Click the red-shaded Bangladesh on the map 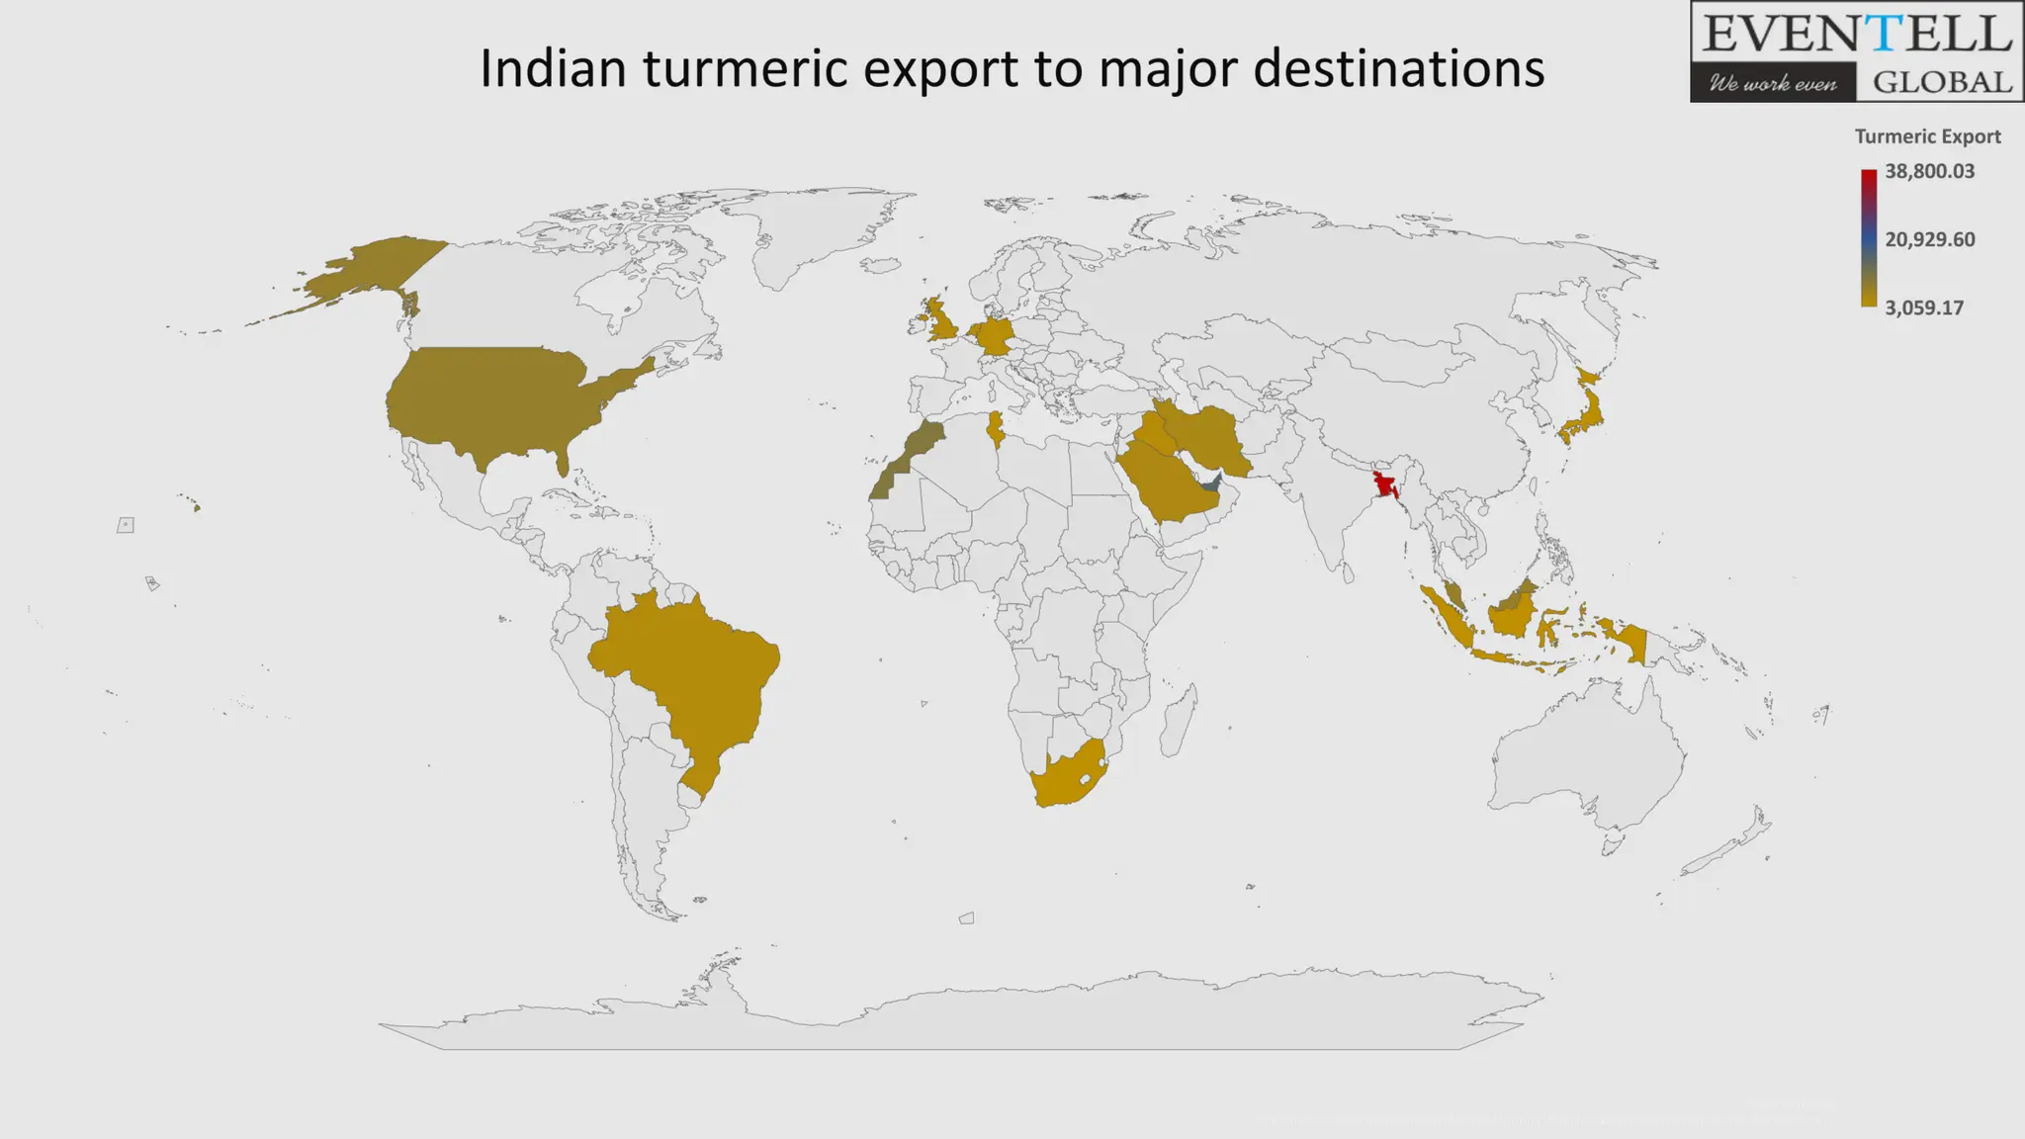pyautogui.click(x=1383, y=484)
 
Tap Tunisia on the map pyautogui.click(x=997, y=429)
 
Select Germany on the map pyautogui.click(x=993, y=335)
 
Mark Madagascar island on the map pyautogui.click(x=1178, y=722)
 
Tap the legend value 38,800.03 pyautogui.click(x=1929, y=171)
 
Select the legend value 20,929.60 pyautogui.click(x=1929, y=239)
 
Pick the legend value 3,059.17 pyautogui.click(x=1923, y=307)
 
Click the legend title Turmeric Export pyautogui.click(x=1927, y=136)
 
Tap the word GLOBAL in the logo pyautogui.click(x=1942, y=82)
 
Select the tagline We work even pyautogui.click(x=1772, y=83)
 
